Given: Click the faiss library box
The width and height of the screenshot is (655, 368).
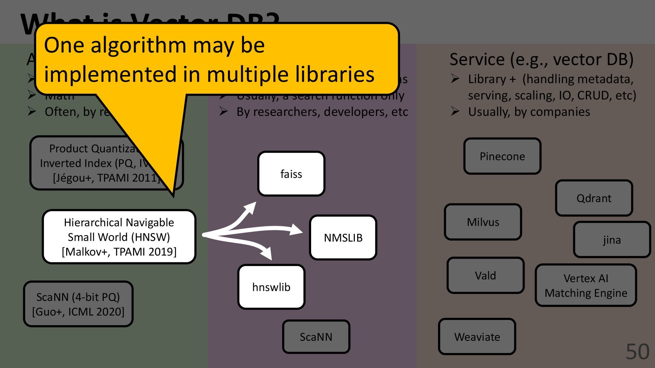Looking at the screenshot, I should tap(291, 174).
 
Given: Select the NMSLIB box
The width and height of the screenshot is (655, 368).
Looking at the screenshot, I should tap(343, 237).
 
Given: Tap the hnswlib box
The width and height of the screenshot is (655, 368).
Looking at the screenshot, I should tap(271, 287).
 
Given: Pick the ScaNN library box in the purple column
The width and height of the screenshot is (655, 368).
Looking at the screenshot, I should tap(316, 337).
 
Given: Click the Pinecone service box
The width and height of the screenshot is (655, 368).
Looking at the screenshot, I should tap(502, 156).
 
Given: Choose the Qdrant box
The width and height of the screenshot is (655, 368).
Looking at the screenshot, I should tap(594, 198).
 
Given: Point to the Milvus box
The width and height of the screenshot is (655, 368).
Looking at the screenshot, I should tap(483, 222).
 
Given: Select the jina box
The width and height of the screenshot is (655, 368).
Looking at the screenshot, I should tap(612, 240).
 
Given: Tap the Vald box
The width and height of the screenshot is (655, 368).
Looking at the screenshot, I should tap(485, 275).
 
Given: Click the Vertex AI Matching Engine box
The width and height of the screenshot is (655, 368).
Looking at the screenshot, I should tap(586, 286).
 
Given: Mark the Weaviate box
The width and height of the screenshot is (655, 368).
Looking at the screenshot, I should tap(477, 337).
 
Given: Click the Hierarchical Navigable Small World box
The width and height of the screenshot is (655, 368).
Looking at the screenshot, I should tap(119, 237).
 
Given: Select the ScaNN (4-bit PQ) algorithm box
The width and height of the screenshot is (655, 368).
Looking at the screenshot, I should tap(78, 304).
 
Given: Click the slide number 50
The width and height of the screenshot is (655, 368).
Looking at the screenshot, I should tap(637, 352).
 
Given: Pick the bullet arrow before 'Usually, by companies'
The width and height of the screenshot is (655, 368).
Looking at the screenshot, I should tap(455, 111).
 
